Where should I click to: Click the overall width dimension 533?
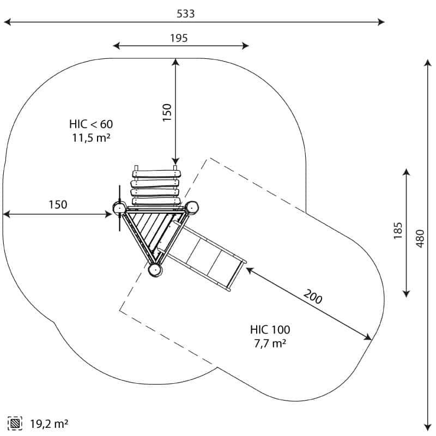click(185, 14)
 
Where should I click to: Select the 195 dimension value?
click(179, 38)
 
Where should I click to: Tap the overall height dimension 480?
click(419, 238)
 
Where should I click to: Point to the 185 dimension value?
click(398, 231)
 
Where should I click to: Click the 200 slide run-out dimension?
click(313, 298)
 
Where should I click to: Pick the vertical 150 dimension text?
click(167, 112)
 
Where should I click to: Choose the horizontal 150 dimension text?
click(58, 205)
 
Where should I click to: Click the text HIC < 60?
click(91, 124)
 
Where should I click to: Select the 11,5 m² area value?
click(91, 137)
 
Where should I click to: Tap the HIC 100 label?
click(270, 330)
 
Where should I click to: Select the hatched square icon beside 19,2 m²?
click(15, 423)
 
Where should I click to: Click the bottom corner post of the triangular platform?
click(155, 269)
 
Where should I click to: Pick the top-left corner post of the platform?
click(119, 208)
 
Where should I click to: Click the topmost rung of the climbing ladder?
click(156, 174)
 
